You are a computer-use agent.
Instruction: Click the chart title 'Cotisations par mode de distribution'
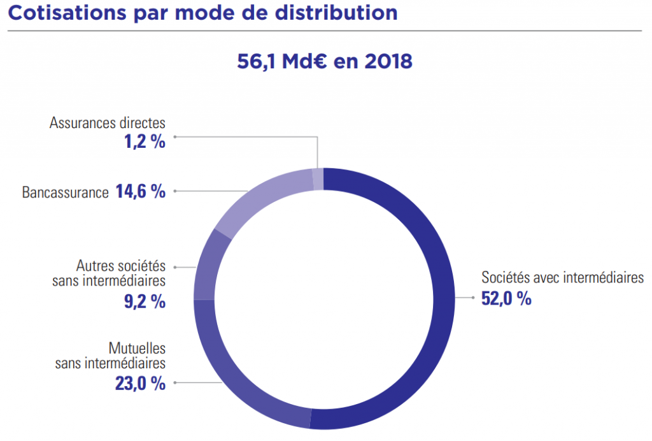tap(202, 13)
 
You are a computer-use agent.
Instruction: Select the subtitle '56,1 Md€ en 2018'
tap(325, 61)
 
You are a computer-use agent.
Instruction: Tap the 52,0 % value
tap(506, 298)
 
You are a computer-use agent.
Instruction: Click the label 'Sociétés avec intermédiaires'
tap(562, 278)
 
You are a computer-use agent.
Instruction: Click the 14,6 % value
tap(140, 191)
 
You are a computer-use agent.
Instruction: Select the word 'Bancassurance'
tap(65, 192)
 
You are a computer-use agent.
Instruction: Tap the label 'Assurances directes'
tap(107, 122)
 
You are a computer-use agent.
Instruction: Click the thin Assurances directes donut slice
tap(318, 178)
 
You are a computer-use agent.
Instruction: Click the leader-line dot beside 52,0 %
tap(472, 297)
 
